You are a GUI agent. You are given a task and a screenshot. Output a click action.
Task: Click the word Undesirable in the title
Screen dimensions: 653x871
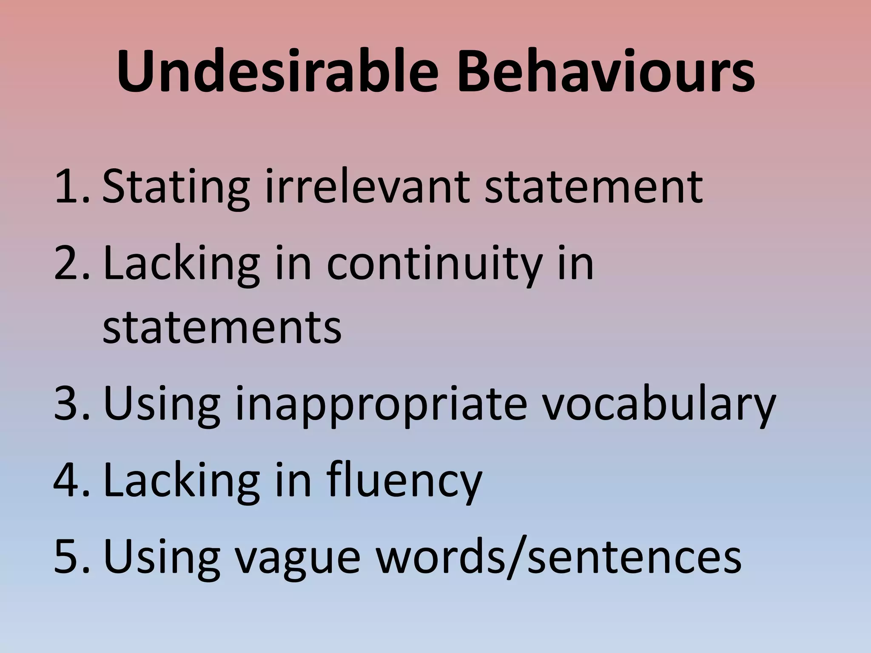277,72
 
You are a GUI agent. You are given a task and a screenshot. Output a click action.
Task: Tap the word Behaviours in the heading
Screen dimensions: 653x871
606,72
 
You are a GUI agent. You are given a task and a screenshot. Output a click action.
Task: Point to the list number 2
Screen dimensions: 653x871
70,264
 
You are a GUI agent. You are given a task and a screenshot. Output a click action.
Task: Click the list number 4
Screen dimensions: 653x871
70,480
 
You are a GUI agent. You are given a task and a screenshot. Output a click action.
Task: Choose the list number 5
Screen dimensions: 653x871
70,556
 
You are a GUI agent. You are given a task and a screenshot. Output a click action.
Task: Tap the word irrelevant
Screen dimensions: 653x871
367,186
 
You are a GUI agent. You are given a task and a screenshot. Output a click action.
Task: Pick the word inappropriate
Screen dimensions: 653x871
381,404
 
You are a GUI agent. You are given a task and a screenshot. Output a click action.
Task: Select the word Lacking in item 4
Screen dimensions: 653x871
181,480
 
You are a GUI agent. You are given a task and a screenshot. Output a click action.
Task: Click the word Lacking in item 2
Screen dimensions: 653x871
181,264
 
